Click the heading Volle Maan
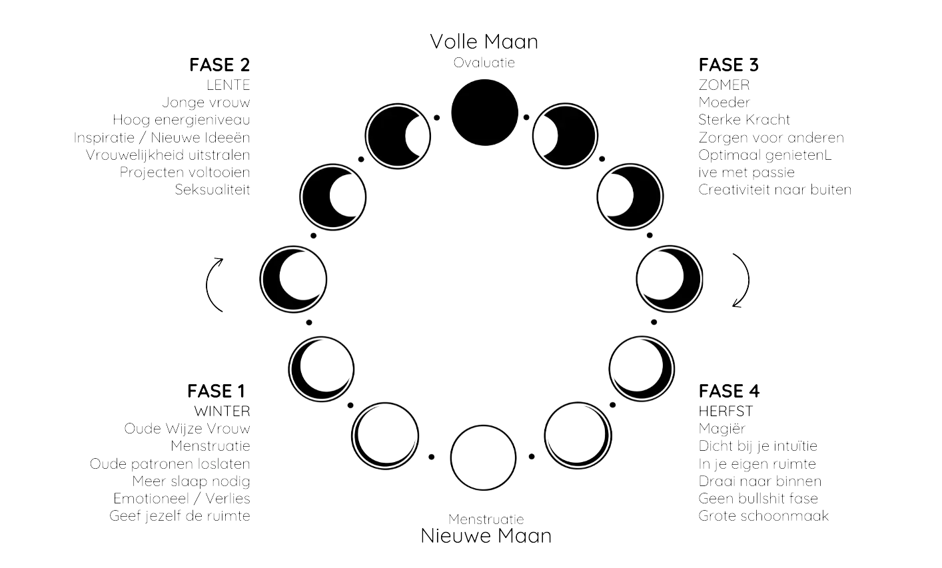click(x=484, y=42)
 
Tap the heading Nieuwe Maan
click(x=486, y=535)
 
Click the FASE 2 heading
click(x=219, y=65)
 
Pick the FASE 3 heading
click(x=729, y=65)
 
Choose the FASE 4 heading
click(x=729, y=392)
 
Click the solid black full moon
click(x=484, y=111)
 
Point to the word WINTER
click(x=222, y=410)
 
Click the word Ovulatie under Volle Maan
click(x=484, y=63)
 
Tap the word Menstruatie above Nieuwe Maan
click(x=486, y=519)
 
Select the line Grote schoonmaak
click(x=764, y=516)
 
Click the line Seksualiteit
click(x=213, y=190)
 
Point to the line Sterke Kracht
click(x=745, y=120)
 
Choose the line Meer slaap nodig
click(x=191, y=481)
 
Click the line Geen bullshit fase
click(x=759, y=499)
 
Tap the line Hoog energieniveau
click(x=181, y=120)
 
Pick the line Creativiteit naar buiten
click(x=775, y=190)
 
